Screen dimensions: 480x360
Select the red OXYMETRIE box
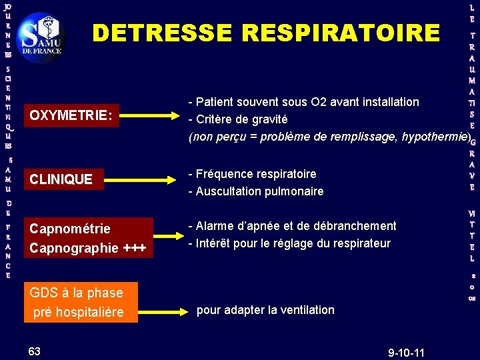pos(70,115)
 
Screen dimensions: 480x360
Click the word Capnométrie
pos(69,229)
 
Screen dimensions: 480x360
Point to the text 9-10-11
pos(406,351)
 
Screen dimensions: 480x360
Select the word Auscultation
pos(227,191)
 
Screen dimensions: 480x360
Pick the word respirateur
pos(366,243)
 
